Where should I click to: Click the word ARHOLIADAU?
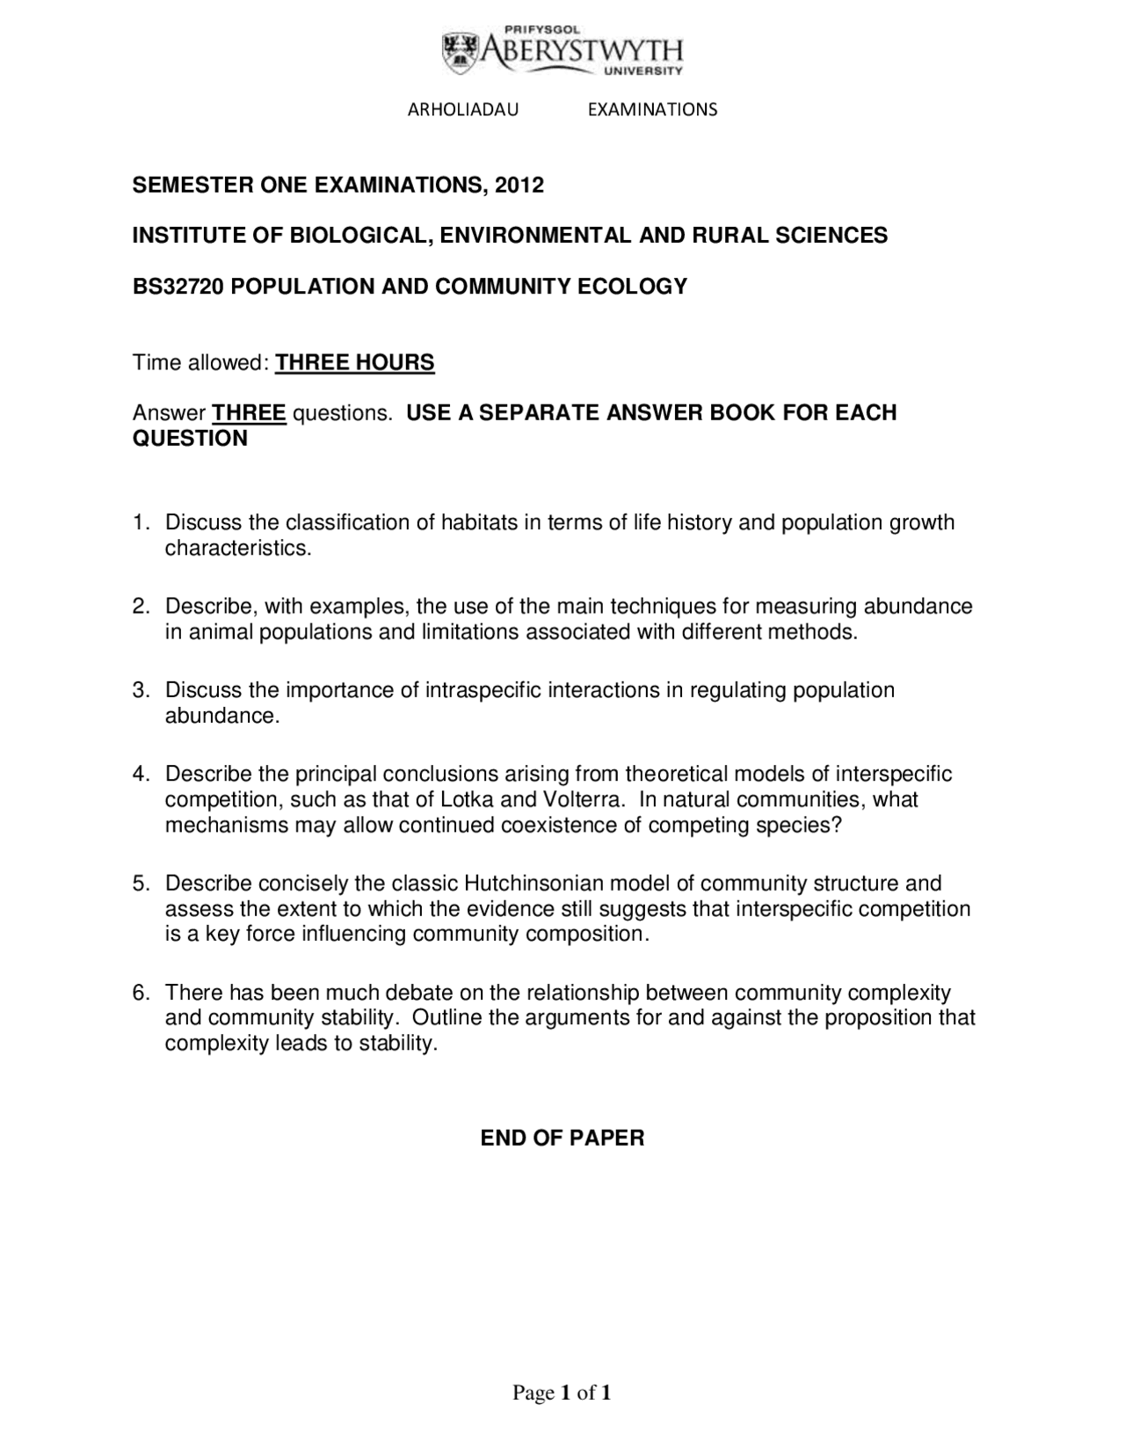pos(463,109)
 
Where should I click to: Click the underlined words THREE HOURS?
pos(355,362)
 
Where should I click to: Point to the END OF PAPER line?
pos(562,1138)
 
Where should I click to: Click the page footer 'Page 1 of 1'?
pos(562,1393)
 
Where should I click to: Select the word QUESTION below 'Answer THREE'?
pos(190,438)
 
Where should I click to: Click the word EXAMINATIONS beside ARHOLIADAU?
pos(652,109)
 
